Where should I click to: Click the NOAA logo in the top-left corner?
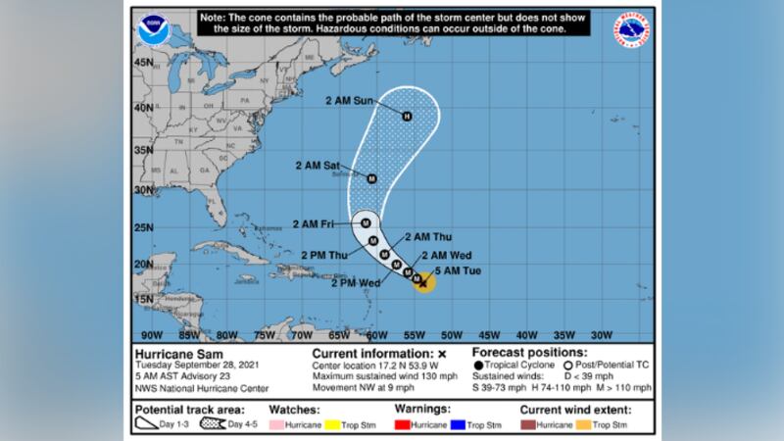point(153,28)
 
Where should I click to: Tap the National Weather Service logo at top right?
point(629,30)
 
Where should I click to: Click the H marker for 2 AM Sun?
point(407,118)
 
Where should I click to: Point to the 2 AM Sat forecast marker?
point(371,178)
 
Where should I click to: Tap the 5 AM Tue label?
point(451,269)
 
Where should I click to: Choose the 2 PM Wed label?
point(357,283)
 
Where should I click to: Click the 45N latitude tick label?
point(145,62)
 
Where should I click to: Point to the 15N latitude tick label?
point(145,298)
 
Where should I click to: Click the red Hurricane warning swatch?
point(402,425)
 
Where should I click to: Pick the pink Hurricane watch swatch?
point(277,425)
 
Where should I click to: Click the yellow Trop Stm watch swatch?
point(334,425)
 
